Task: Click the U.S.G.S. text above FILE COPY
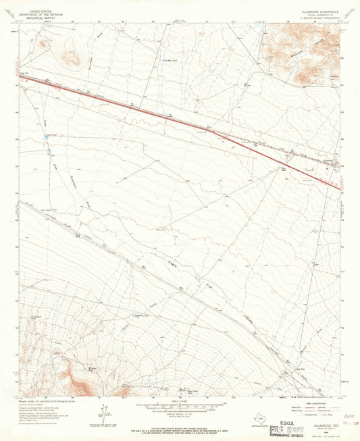(x=284, y=419)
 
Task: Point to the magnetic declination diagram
(x=103, y=413)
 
